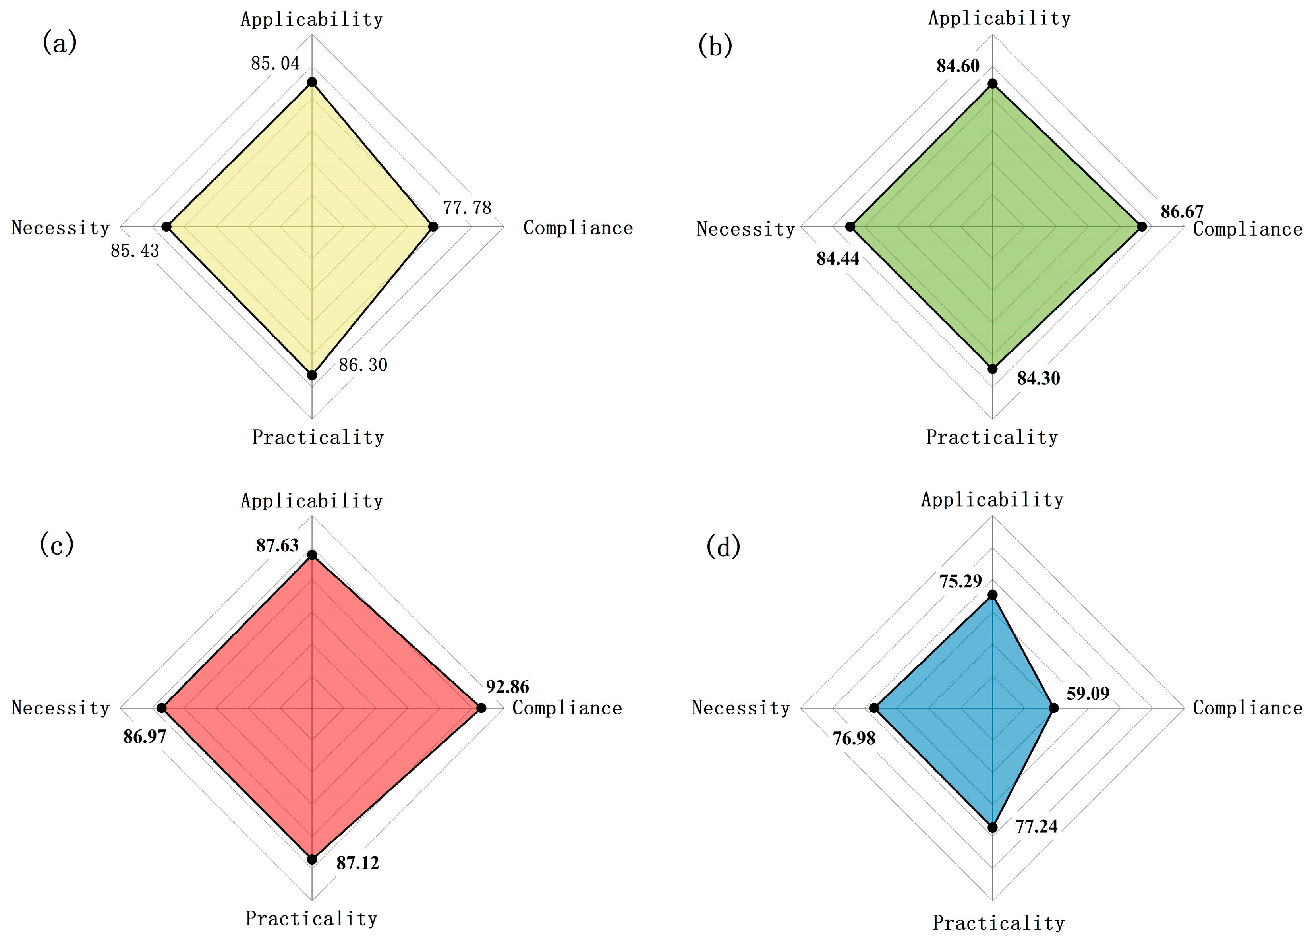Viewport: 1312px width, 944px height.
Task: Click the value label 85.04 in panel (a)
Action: point(275,63)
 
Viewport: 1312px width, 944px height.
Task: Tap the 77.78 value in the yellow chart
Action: point(467,207)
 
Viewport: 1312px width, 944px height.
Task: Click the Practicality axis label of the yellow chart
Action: point(318,437)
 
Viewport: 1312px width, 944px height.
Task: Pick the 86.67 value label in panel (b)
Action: point(1182,211)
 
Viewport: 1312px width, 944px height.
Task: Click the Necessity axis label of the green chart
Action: point(746,229)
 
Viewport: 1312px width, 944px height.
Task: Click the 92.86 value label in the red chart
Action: point(507,687)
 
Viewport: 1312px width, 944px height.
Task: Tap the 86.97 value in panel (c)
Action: point(145,737)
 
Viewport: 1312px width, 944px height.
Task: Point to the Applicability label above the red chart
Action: point(312,501)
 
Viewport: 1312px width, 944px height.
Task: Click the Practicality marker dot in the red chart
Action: point(312,859)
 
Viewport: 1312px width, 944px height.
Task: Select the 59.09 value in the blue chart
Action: point(1088,693)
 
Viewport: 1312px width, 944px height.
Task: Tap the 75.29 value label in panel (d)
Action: point(960,580)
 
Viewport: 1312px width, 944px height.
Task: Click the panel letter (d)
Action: point(723,546)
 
